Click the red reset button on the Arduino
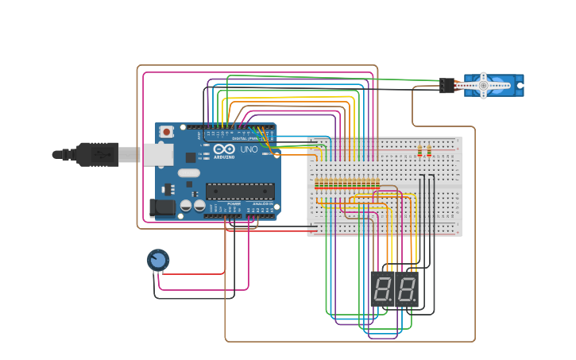[166, 131]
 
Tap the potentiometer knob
[157, 260]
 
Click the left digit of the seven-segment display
[383, 289]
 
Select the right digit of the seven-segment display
[405, 289]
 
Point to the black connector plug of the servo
[446, 85]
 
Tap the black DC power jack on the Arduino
[162, 208]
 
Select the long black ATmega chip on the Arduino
[240, 191]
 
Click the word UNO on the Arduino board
[249, 149]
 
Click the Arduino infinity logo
[224, 149]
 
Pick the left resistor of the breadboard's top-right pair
[419, 150]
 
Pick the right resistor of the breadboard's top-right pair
[429, 150]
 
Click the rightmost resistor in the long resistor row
[377, 184]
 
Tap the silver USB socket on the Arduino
[159, 153]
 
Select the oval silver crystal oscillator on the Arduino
[188, 172]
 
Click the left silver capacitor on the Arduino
[186, 205]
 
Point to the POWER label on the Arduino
[234, 203]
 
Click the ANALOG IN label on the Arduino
[262, 203]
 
